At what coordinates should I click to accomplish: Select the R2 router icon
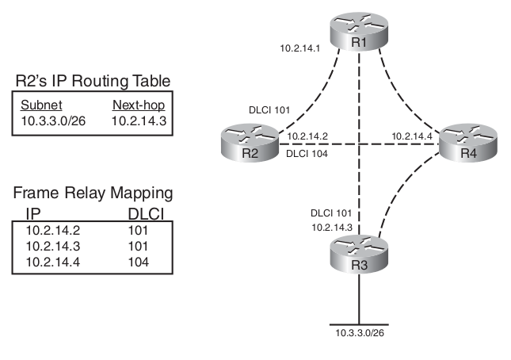pos(247,144)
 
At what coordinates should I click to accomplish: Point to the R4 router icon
pos(468,144)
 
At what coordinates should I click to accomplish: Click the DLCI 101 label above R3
pos(332,213)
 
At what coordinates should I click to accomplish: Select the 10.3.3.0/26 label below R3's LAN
pos(360,333)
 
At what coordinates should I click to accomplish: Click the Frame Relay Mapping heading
pos(93,193)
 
